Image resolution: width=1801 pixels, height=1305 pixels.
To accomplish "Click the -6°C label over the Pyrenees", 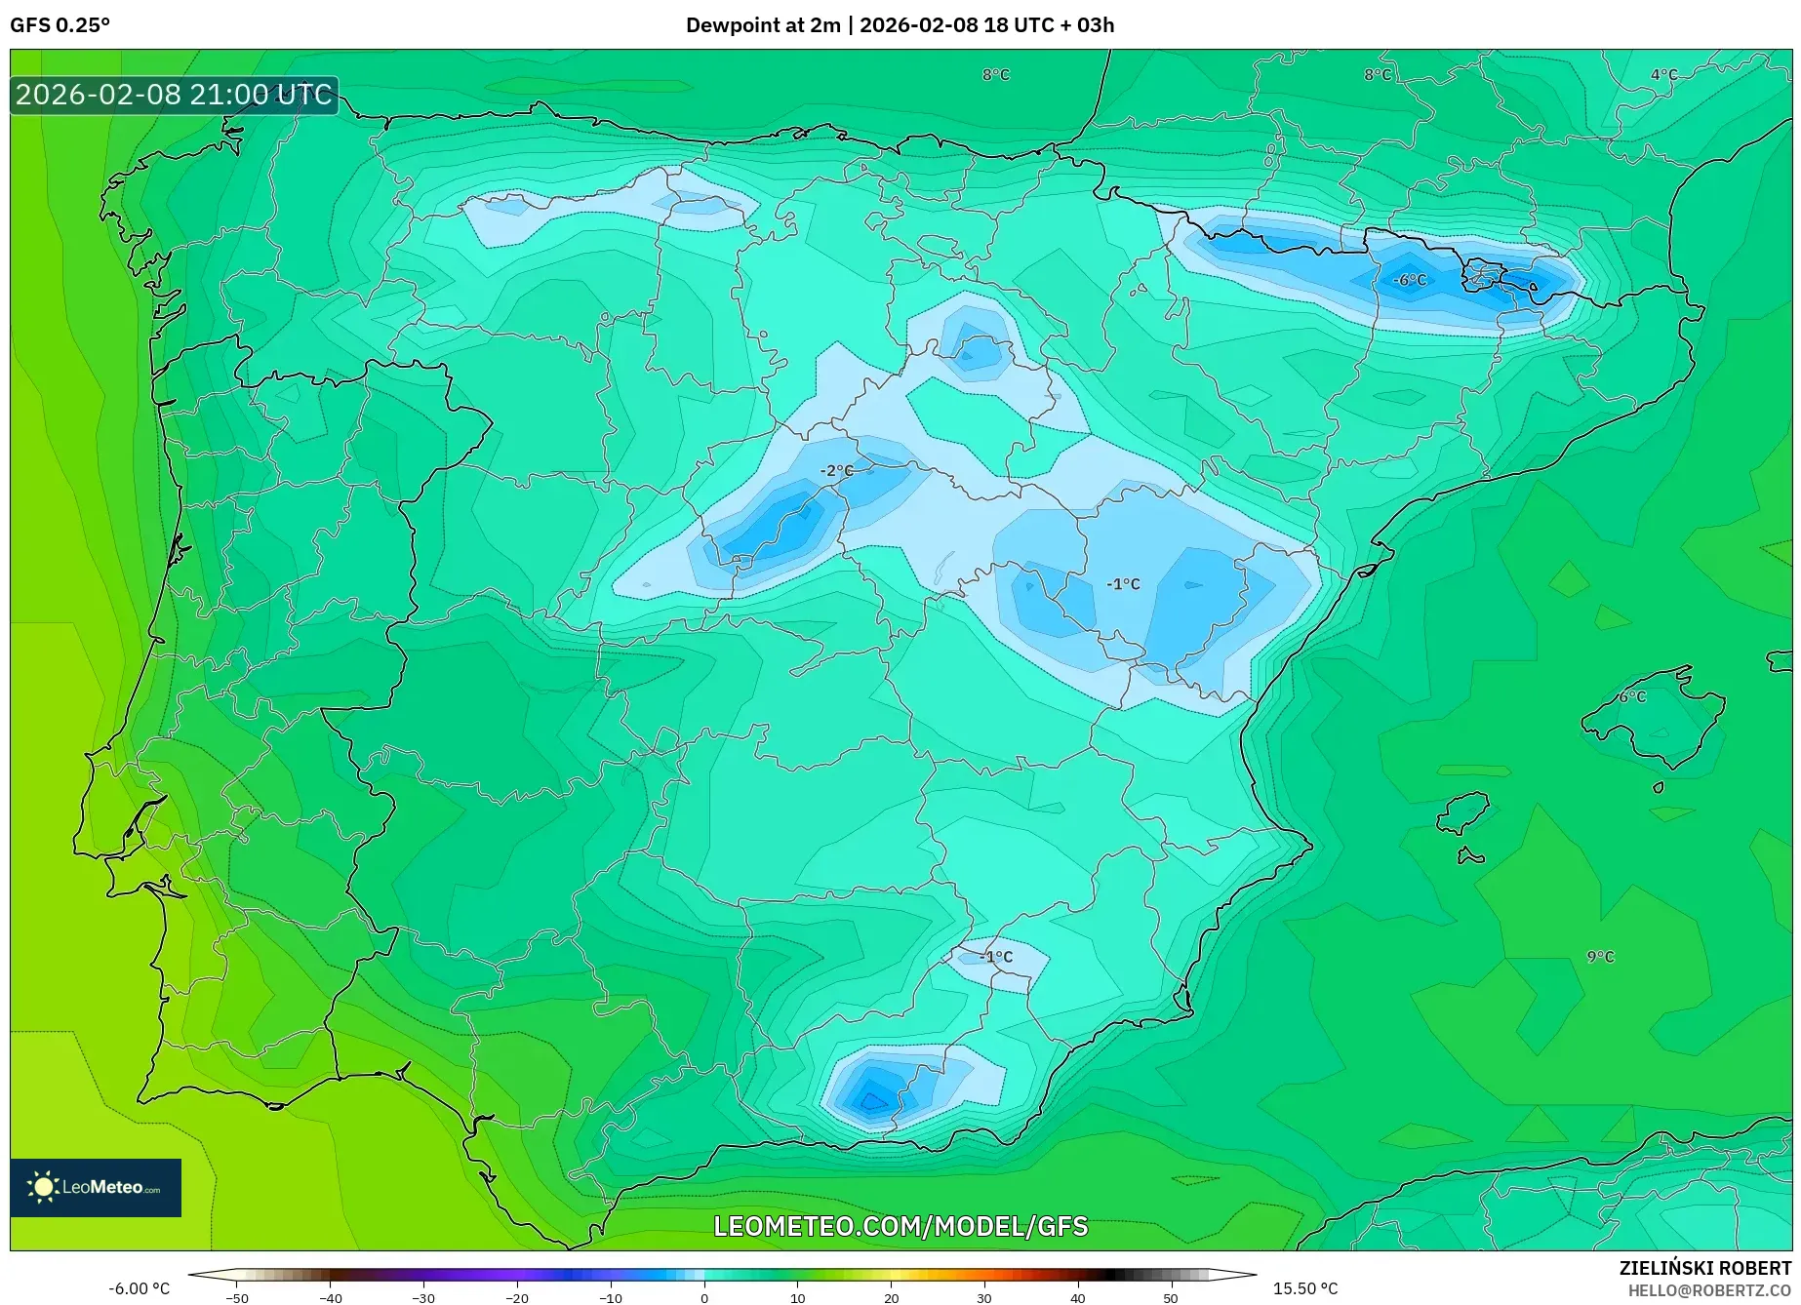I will coord(1409,280).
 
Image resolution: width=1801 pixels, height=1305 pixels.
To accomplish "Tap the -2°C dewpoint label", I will coord(835,471).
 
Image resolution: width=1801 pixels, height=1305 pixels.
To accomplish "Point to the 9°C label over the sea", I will coord(1600,957).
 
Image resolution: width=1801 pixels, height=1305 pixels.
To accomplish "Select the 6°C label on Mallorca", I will coord(1632,696).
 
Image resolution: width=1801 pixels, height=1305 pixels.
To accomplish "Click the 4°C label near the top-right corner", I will coord(1663,75).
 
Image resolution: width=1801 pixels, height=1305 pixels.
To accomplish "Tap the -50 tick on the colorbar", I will coord(236,1297).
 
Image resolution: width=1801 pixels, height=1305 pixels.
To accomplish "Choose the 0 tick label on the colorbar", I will coord(704,1297).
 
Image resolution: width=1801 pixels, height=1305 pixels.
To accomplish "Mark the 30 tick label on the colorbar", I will coord(983,1297).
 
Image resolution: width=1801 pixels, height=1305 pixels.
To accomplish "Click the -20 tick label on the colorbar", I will coord(516,1297).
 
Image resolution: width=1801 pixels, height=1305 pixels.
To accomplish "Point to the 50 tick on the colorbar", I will coord(1170,1297).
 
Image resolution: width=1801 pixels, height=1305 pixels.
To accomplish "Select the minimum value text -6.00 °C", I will coord(139,1288).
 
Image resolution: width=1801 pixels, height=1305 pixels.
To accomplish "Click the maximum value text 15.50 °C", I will coord(1305,1288).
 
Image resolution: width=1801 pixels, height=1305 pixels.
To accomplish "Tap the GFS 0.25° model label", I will coord(60,25).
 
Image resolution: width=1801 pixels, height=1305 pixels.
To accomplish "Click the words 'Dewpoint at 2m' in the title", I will coord(762,25).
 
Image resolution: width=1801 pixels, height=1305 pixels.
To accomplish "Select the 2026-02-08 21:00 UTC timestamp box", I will coord(174,95).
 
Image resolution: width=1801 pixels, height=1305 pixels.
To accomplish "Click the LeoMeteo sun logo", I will coord(43,1187).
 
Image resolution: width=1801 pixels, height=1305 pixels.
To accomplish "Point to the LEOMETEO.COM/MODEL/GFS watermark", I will coord(900,1226).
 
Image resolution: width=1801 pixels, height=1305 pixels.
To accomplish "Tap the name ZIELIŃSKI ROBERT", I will coord(1704,1269).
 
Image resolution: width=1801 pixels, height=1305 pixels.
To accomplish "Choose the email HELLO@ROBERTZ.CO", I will coord(1708,1290).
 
